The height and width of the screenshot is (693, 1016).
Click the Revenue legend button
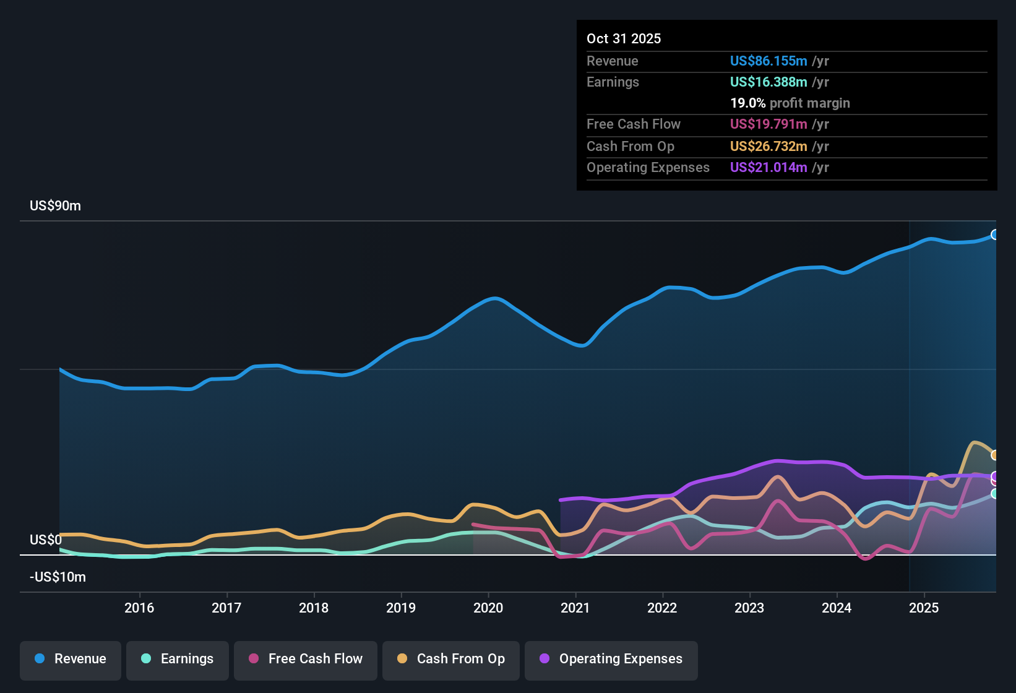point(71,659)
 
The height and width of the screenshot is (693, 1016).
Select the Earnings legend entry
point(178,659)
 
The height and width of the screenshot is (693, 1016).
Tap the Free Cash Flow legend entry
point(306,659)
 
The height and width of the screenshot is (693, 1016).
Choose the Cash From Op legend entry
point(451,659)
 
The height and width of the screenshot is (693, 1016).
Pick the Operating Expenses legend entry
point(611,659)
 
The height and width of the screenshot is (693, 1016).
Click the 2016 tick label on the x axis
point(139,608)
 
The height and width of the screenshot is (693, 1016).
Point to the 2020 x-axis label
point(488,608)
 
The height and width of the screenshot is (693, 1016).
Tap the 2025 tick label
point(924,608)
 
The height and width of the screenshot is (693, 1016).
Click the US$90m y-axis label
point(55,206)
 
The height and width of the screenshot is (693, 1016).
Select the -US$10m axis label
point(58,577)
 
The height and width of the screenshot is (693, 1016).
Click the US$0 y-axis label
point(46,540)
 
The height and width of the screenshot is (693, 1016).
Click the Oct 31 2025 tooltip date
point(624,38)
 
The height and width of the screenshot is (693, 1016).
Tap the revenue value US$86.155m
point(768,61)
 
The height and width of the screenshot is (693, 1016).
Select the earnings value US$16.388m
point(768,82)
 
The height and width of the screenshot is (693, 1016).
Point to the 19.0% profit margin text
point(790,103)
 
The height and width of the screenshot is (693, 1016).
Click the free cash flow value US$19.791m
point(768,124)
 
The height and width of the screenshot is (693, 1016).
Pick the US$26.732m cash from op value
point(768,146)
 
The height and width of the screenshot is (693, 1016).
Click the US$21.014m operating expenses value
point(768,167)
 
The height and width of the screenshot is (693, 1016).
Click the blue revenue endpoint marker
point(994,235)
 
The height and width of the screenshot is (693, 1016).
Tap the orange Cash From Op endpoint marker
point(994,455)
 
